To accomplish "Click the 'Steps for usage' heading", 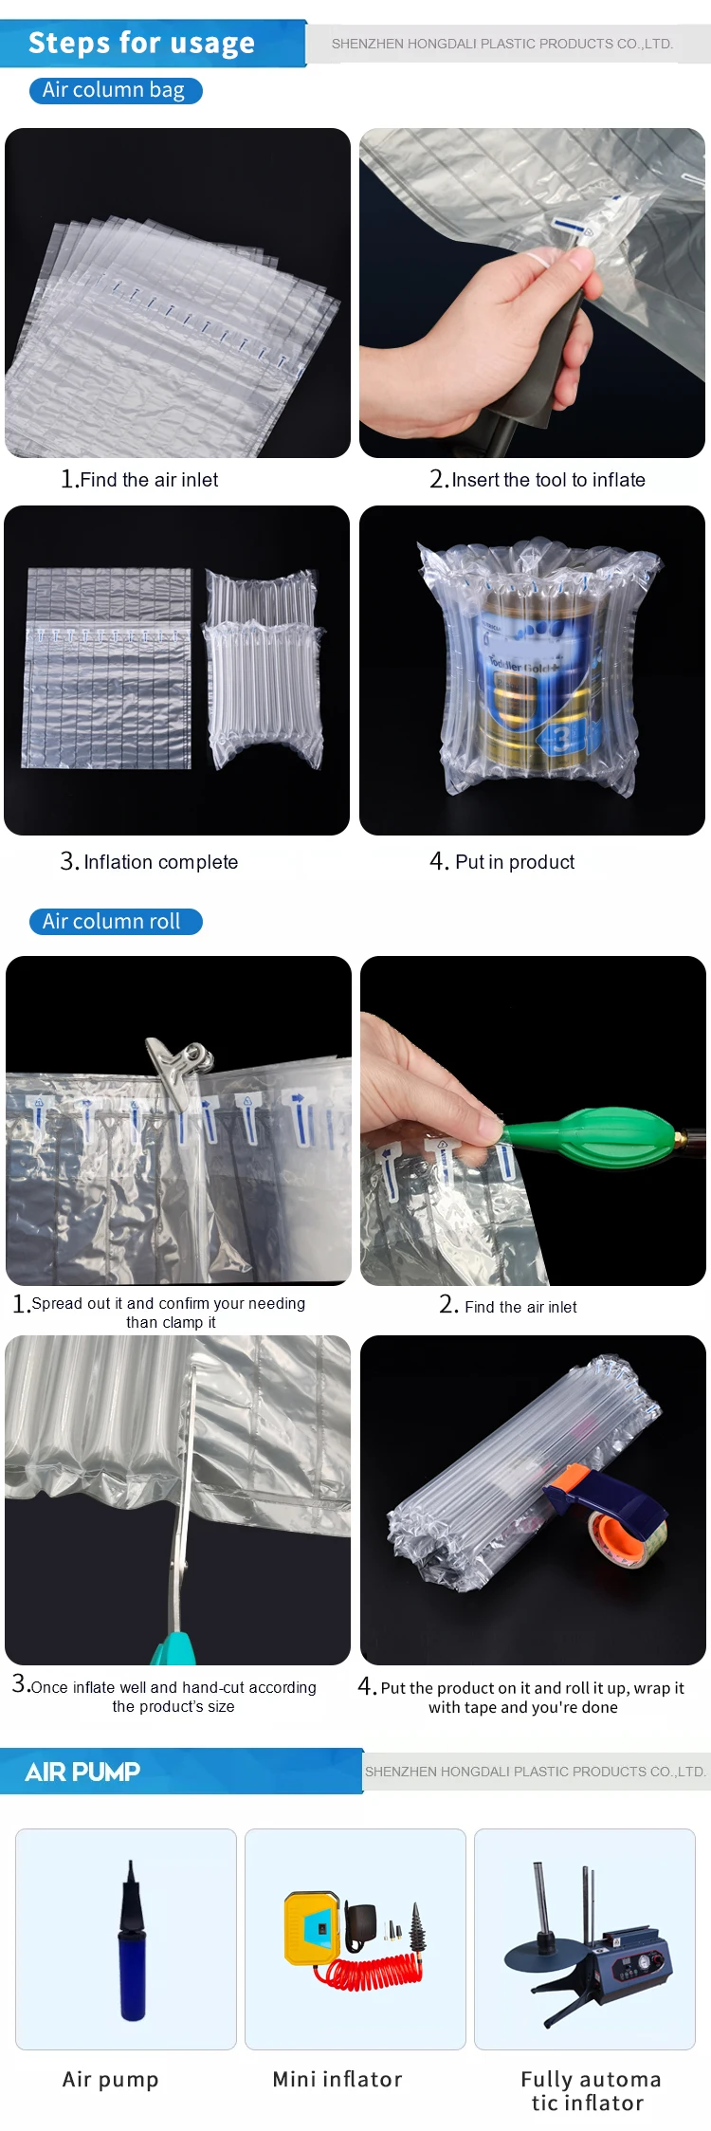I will tap(141, 44).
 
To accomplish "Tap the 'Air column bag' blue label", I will tap(115, 90).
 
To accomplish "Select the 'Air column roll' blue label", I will tap(113, 921).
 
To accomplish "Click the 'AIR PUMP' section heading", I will tap(82, 1772).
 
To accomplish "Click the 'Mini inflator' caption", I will tap(337, 2080).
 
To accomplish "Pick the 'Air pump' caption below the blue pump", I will tap(110, 2080).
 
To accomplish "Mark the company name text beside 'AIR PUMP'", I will tap(535, 1772).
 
